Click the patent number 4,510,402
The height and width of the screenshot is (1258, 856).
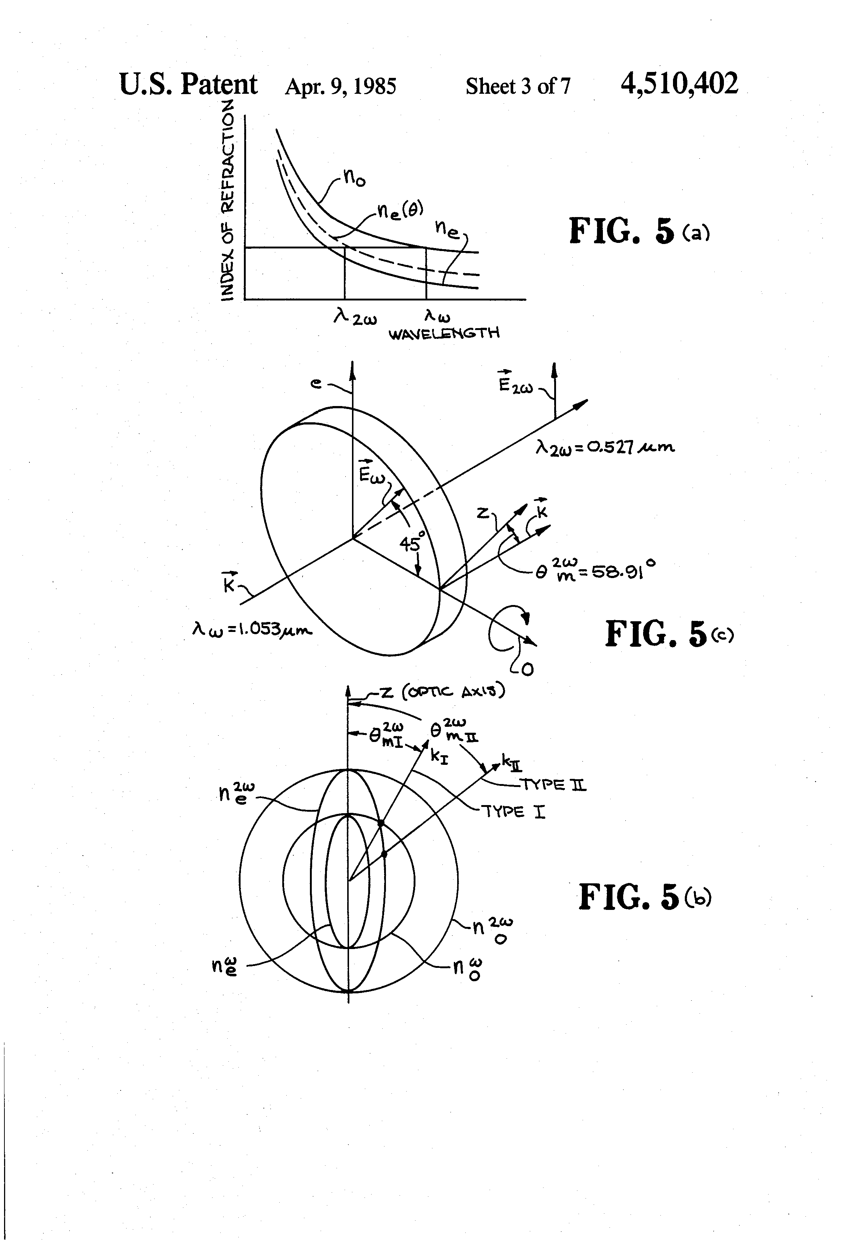coord(679,85)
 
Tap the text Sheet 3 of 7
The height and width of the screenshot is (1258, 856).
coord(518,86)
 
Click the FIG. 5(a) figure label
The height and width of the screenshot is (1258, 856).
coord(638,231)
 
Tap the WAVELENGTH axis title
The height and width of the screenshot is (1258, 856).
coord(444,333)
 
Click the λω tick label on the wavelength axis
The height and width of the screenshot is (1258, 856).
coord(437,315)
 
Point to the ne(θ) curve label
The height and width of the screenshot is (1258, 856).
coord(400,210)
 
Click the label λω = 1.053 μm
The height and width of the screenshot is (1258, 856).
coord(252,629)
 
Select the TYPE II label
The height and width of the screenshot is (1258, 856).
coord(552,784)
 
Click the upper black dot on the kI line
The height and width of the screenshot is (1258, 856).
coord(380,823)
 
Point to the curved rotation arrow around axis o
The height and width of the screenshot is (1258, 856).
coord(506,630)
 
